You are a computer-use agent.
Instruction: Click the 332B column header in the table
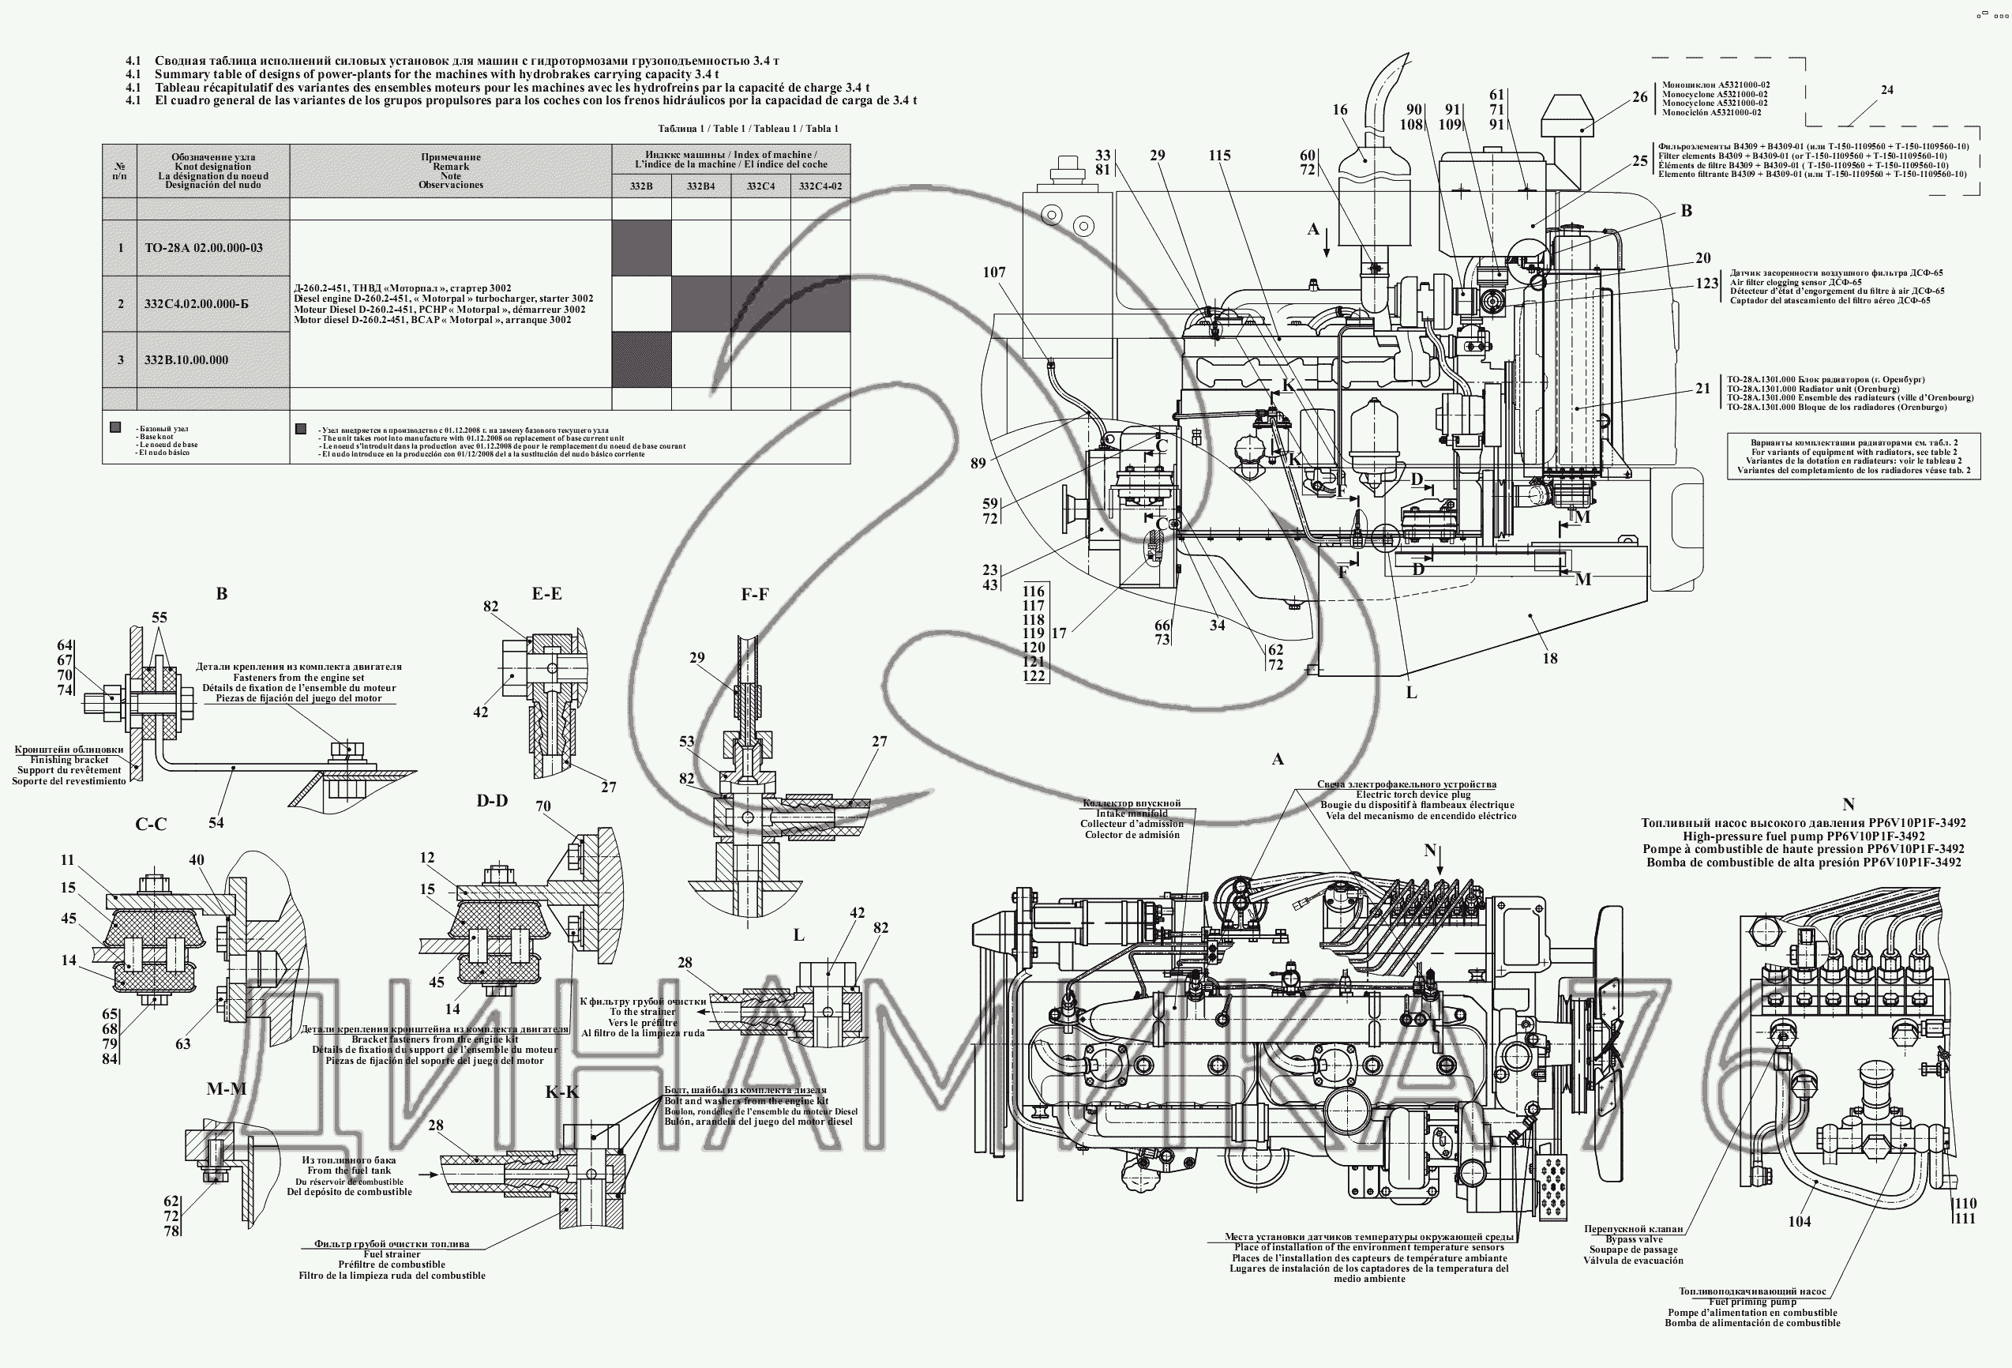pyautogui.click(x=640, y=186)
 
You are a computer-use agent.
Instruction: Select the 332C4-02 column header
pyautogui.click(x=820, y=186)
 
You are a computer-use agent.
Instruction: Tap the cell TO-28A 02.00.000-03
pyautogui.click(x=204, y=248)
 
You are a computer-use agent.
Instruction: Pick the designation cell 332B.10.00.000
pyautogui.click(x=186, y=360)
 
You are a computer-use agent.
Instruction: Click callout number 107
pyautogui.click(x=994, y=272)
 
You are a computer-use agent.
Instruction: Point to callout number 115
pyautogui.click(x=1220, y=155)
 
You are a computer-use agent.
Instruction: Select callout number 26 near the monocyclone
pyautogui.click(x=1640, y=97)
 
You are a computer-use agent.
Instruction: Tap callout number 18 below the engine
pyautogui.click(x=1550, y=658)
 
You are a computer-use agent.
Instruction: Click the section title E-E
pyautogui.click(x=546, y=594)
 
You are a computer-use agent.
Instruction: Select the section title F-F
pyautogui.click(x=754, y=595)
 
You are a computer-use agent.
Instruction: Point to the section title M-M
pyautogui.click(x=227, y=1088)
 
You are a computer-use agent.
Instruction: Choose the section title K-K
pyautogui.click(x=562, y=1092)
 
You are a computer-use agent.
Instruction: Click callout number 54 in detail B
pyautogui.click(x=216, y=821)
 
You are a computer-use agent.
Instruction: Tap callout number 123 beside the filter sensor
pyautogui.click(x=1706, y=283)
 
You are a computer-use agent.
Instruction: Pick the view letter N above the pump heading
pyautogui.click(x=1848, y=804)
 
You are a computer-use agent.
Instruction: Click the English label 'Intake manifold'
pyautogui.click(x=1132, y=813)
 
